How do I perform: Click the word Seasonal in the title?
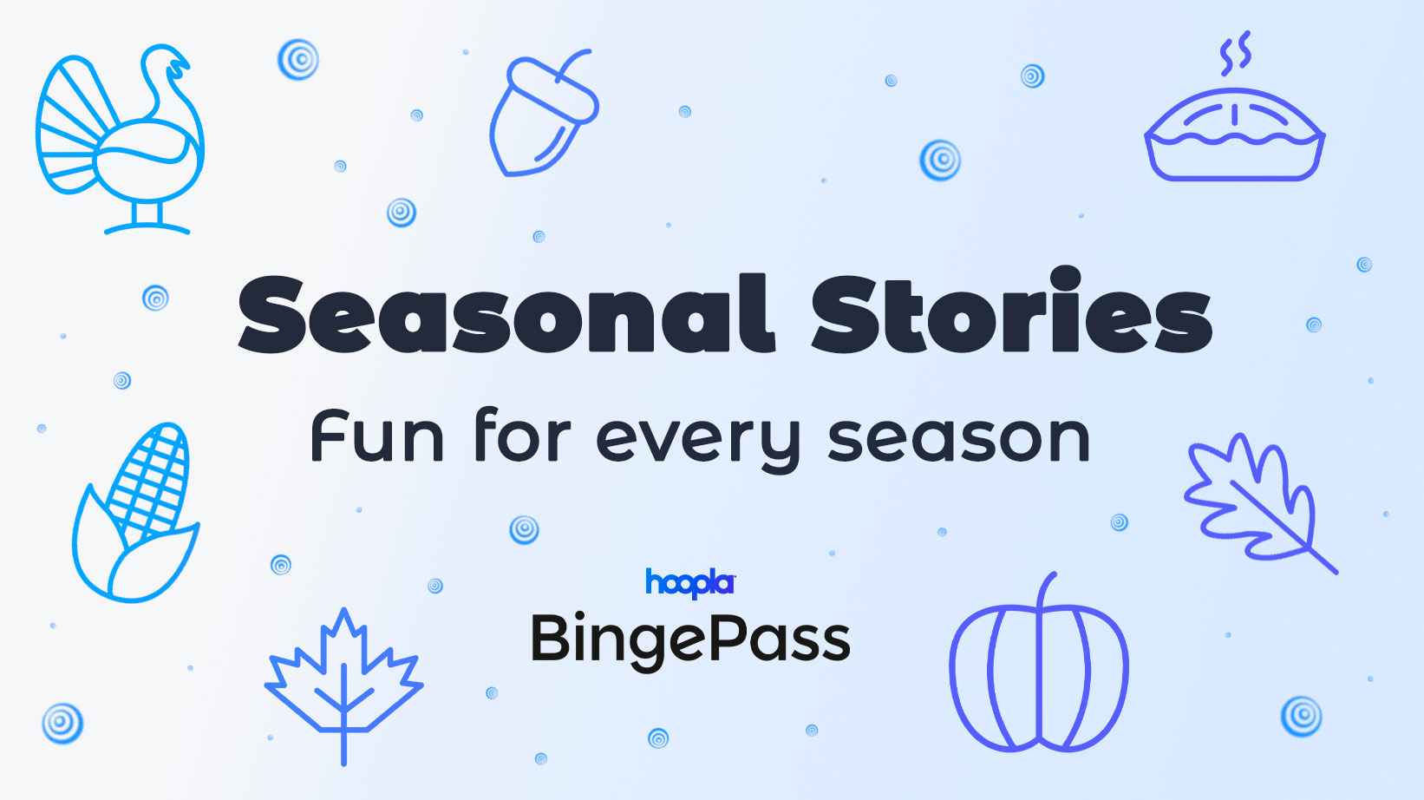505,314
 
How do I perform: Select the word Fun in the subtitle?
377,437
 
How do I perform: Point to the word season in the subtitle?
958,439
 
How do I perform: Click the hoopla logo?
690,582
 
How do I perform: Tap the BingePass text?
690,640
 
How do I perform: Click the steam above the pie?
1235,54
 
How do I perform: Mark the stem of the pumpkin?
1047,590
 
